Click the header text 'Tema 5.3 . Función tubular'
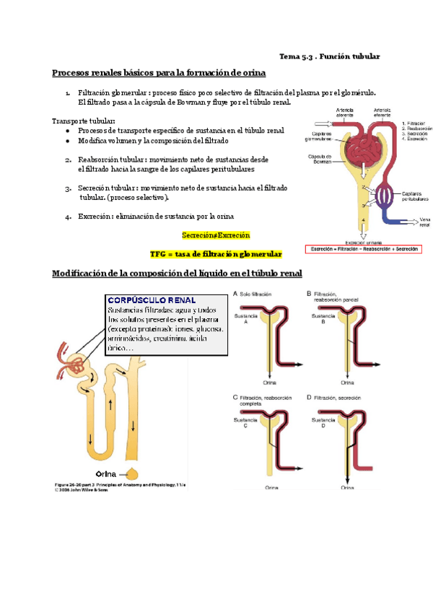coord(329,56)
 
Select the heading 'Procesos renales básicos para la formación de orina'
coord(159,73)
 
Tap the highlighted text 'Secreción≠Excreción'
coord(216,235)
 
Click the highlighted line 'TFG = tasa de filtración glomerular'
coord(216,254)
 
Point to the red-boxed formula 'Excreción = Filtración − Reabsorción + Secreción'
coord(364,249)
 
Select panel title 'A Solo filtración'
coord(261,294)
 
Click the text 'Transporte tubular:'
coord(84,121)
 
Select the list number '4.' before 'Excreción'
coord(67,217)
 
